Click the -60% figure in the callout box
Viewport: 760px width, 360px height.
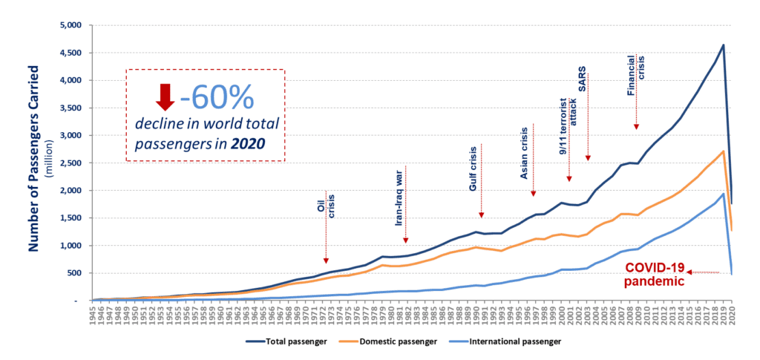[x=217, y=96]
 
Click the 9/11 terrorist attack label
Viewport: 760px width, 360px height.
[x=568, y=125]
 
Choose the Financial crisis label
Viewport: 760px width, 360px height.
[x=635, y=78]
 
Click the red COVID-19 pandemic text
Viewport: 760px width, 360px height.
[x=652, y=275]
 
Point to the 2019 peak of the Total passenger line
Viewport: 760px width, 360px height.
[x=723, y=45]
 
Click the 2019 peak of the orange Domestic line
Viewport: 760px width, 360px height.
[x=723, y=151]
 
